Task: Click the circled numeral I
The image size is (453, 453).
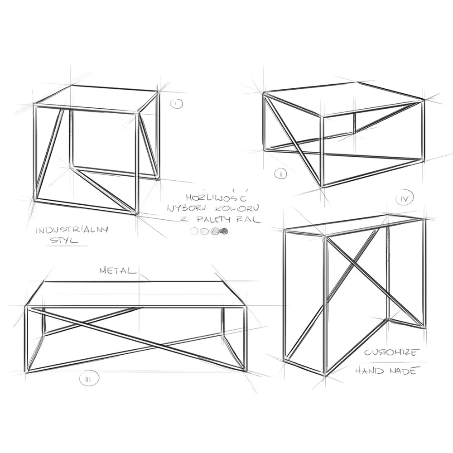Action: [176, 104]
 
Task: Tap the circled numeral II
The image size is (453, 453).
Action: [280, 173]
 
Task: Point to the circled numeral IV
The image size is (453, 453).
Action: [405, 198]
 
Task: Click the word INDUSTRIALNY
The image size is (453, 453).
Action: [72, 230]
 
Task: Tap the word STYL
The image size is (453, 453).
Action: [64, 241]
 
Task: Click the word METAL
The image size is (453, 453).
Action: [118, 271]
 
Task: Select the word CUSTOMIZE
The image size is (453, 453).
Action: [391, 352]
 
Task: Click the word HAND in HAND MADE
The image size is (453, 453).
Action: [370, 371]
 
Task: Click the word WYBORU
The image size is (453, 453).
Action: [186, 208]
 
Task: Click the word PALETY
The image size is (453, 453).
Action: [214, 219]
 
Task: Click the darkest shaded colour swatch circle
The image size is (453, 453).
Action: [224, 231]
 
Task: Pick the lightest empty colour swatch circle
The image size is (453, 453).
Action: [194, 231]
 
